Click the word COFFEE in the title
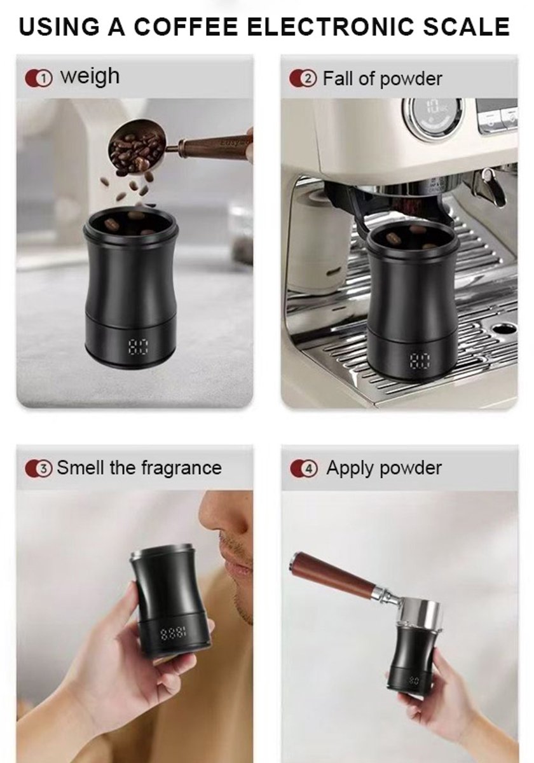pyautogui.click(x=186, y=27)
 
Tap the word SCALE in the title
pyautogui.click(x=466, y=27)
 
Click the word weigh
pyautogui.click(x=90, y=77)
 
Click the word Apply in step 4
pyautogui.click(x=350, y=469)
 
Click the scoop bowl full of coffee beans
pyautogui.click(x=136, y=146)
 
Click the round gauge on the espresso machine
pyautogui.click(x=432, y=118)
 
